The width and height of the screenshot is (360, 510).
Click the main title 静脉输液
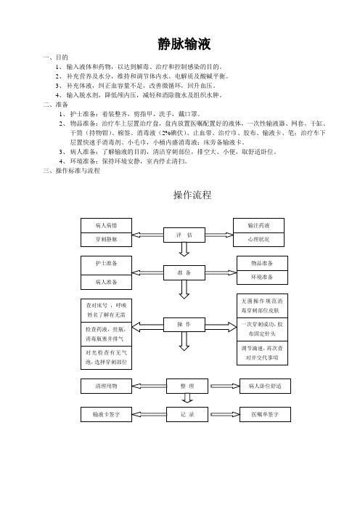tap(184, 44)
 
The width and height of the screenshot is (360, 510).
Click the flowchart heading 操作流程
tap(192, 195)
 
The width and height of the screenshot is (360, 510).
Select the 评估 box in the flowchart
tap(184, 235)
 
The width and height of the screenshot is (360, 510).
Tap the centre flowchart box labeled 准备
tap(184, 272)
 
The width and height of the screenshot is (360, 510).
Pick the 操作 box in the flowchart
tap(184, 324)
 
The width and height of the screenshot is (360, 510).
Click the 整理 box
tap(187, 386)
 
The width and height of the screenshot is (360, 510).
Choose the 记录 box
tap(187, 414)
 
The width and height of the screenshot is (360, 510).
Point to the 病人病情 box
tap(106, 225)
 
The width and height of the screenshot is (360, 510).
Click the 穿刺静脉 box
tap(106, 240)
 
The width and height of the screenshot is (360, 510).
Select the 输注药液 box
tap(258, 225)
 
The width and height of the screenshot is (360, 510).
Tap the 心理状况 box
tap(258, 240)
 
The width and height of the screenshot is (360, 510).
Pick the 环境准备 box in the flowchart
tap(262, 278)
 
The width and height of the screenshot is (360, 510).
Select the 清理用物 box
tap(106, 386)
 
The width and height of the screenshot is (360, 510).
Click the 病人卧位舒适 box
tap(265, 386)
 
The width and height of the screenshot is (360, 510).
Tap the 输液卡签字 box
tap(106, 414)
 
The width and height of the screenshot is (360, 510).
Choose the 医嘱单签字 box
tap(265, 414)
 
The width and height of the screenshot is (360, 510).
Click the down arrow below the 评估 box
tap(184, 249)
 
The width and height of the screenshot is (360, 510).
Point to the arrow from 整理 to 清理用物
tap(149, 386)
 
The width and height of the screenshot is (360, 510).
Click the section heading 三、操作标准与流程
tap(71, 171)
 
